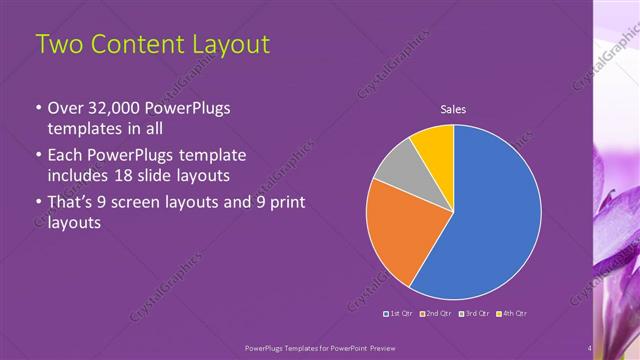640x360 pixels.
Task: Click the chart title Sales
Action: pyautogui.click(x=453, y=110)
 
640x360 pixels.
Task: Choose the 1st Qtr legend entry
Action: pyautogui.click(x=401, y=314)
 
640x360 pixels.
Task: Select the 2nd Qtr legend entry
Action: pyautogui.click(x=437, y=314)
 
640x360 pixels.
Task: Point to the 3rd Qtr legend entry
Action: pyautogui.click(x=474, y=314)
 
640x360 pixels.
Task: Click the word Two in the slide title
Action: pyautogui.click(x=59, y=45)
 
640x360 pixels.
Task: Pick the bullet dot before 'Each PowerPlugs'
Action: pyautogui.click(x=38, y=156)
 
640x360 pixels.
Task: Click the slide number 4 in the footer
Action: pyautogui.click(x=590, y=348)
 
